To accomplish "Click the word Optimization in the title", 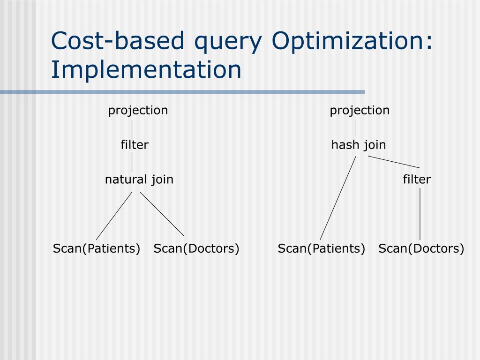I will coord(352,41).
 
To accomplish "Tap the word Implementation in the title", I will coord(146,69).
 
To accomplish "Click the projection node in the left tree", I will coord(138,111).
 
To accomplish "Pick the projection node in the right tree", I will coord(360,111).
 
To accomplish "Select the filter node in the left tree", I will coord(135,145).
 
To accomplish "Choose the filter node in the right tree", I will coord(417,180).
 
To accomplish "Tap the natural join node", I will coord(139,180).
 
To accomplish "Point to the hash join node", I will coord(359,145).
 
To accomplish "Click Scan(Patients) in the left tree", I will coord(97,248).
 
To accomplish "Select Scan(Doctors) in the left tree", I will coord(196,248).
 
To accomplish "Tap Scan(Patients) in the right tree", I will coord(322,248).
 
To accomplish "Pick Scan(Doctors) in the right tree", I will coord(421,248).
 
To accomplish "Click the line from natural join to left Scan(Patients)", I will coord(114,216).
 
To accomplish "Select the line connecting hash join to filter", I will coord(394,162).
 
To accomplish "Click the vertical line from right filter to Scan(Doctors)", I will coord(420,214).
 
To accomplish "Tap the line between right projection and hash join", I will coord(356,127).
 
